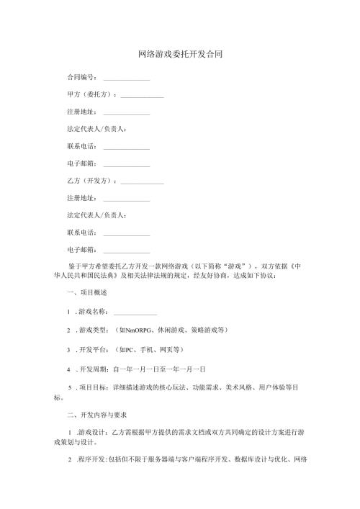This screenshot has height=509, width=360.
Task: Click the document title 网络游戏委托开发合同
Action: [180, 55]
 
